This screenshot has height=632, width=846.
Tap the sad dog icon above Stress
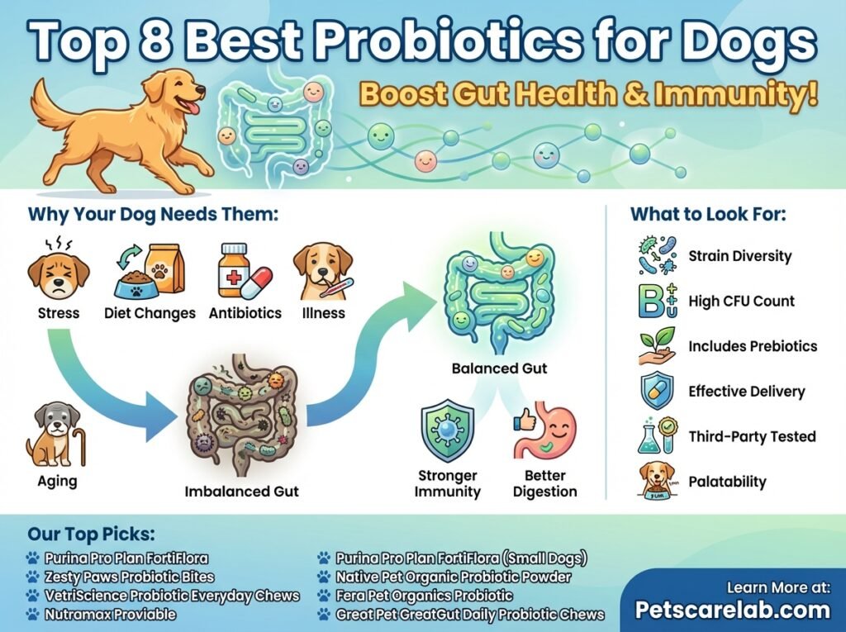59,273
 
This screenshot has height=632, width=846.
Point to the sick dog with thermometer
323,271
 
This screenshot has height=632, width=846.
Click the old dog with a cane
55,435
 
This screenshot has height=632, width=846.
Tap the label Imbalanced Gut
241,491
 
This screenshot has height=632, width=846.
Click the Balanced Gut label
499,368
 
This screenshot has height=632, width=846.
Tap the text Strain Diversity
739,256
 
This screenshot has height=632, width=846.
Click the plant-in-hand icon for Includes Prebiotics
657,347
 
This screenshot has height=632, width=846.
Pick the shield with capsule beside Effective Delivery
657,392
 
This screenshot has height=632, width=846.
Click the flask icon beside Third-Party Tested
657,435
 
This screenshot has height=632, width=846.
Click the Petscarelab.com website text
732,610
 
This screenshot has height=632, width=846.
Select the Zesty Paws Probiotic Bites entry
130,577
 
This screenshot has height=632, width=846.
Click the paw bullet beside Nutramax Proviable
33,614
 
